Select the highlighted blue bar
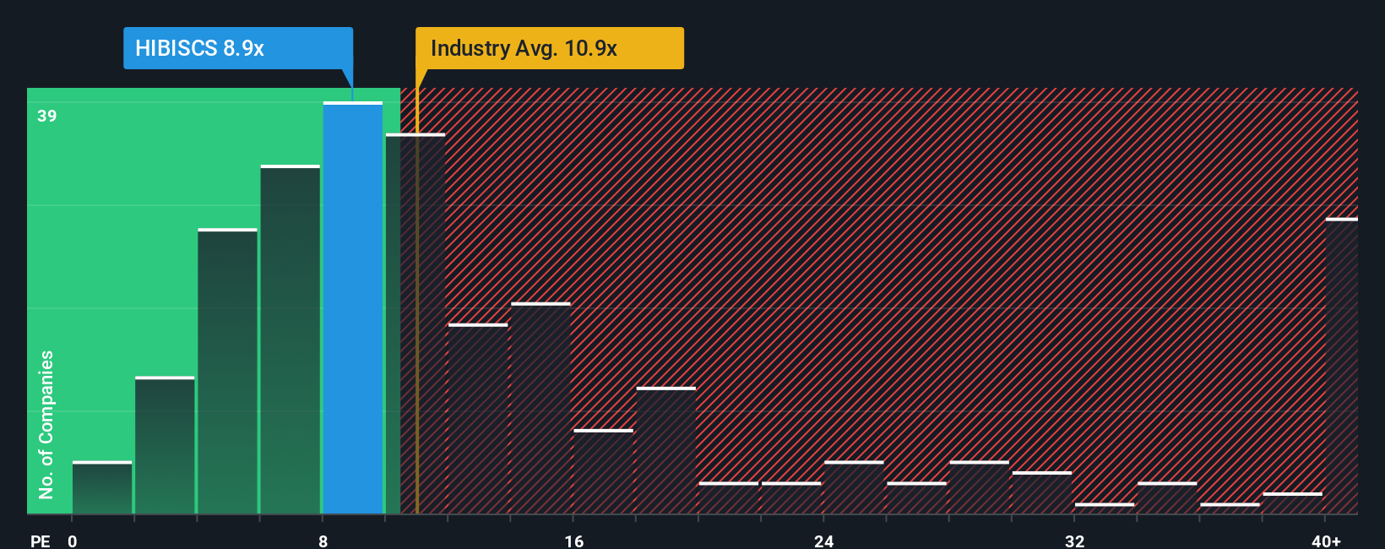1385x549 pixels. [353, 308]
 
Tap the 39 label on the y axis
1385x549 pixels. [47, 116]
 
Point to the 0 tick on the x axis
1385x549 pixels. [73, 541]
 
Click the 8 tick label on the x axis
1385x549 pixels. [323, 541]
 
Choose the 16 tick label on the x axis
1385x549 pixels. [573, 541]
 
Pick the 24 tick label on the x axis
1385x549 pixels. [823, 541]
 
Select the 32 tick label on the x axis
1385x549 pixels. [1074, 541]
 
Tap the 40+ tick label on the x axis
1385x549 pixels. [1326, 541]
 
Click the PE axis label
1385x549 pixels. [41, 541]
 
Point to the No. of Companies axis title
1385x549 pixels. [46, 424]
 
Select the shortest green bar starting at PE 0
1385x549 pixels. [102, 488]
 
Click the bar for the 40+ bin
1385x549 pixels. [1341, 367]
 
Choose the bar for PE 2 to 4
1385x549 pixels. [165, 446]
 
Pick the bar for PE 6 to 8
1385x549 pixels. [291, 340]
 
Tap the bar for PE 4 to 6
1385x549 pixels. [227, 372]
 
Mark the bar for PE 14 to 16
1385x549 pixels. [540, 409]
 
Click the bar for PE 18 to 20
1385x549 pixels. [665, 451]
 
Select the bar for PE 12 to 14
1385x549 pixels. [478, 419]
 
